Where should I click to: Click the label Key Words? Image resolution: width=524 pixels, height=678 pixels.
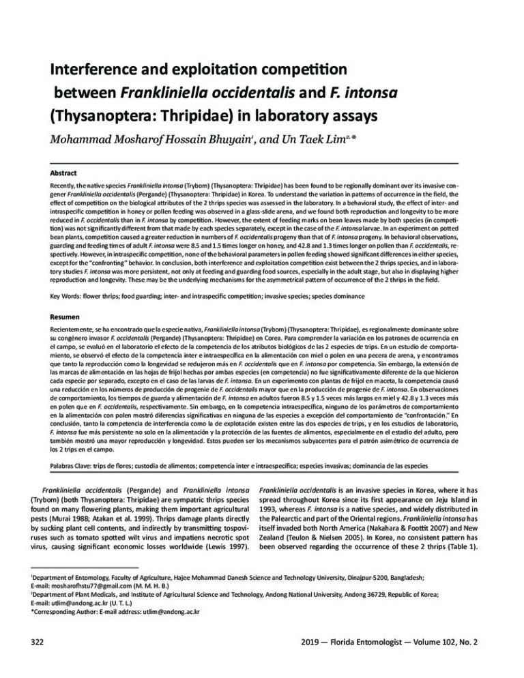[x=70, y=298]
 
